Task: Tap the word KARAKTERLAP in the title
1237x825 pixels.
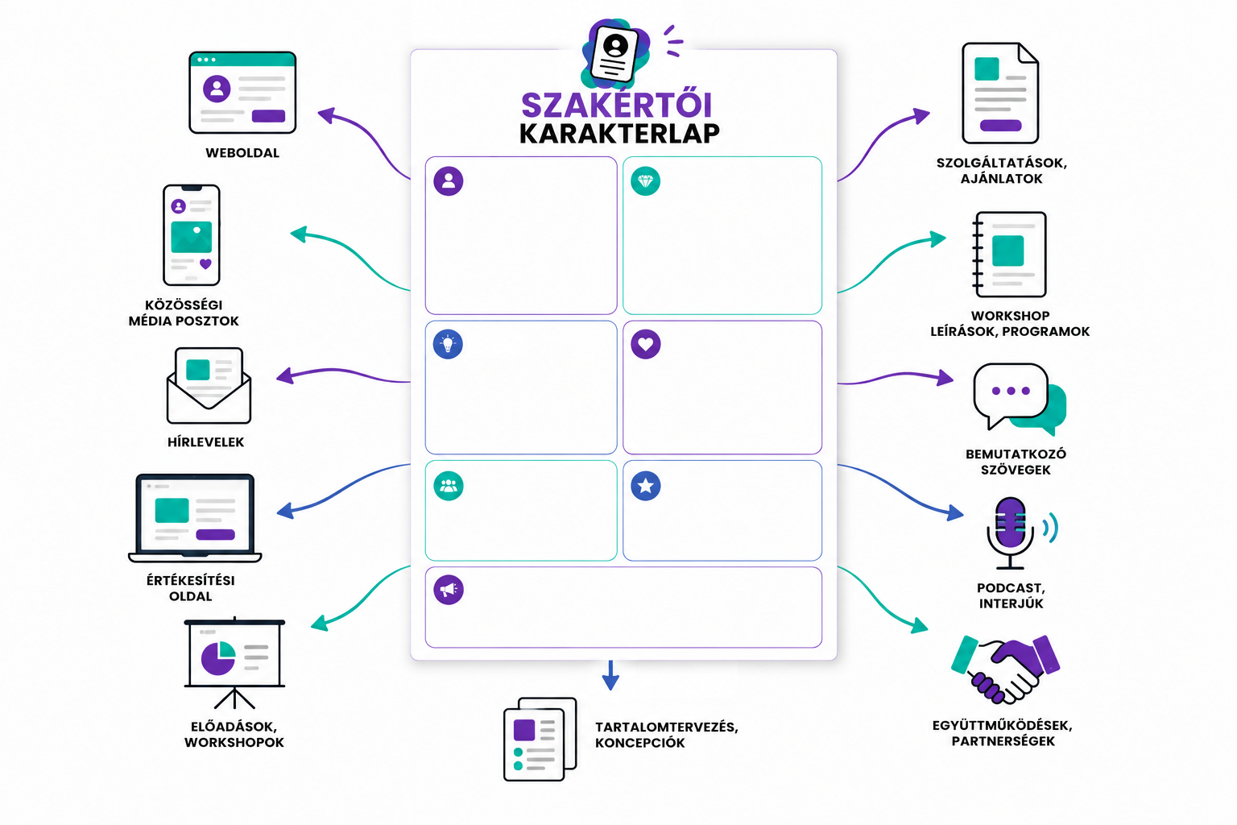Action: (619, 134)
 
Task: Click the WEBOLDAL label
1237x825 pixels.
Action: (242, 153)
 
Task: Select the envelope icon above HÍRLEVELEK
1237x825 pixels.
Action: (209, 386)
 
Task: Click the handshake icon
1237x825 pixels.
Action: (1006, 670)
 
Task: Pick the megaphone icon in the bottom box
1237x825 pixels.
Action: (449, 591)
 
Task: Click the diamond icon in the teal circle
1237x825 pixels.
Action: (646, 181)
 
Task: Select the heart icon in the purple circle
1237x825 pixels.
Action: (646, 344)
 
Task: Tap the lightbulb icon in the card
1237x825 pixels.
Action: (448, 344)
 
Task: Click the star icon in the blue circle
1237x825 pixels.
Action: (646, 487)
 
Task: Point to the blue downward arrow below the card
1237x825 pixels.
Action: (610, 675)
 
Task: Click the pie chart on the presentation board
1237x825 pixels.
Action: (218, 657)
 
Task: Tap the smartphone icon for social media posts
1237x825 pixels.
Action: (191, 234)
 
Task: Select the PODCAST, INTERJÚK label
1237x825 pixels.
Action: (1012, 595)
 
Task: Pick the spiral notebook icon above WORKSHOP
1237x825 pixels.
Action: (1009, 255)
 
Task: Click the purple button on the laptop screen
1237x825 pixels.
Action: (215, 534)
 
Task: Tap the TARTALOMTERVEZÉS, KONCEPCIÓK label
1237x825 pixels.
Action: (667, 735)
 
